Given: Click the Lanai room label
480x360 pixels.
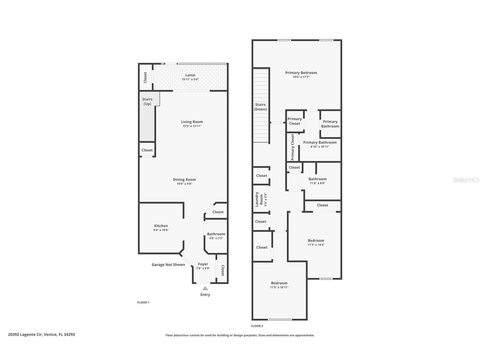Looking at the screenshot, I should click(190, 75).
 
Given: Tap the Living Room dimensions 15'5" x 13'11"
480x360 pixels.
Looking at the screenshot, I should click(192, 126).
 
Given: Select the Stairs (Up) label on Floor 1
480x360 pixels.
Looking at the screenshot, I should click(147, 101).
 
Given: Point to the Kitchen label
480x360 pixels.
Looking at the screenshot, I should click(161, 226).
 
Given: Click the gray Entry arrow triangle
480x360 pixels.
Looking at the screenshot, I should click(205, 288).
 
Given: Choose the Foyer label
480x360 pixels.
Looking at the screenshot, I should click(203, 264).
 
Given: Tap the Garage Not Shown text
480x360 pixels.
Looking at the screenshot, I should click(168, 265).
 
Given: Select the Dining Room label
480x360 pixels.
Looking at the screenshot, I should click(184, 179).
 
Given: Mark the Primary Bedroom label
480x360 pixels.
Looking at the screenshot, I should click(301, 73).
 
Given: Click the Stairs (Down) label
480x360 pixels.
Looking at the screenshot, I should click(260, 107).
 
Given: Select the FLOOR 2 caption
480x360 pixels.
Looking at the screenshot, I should click(257, 326).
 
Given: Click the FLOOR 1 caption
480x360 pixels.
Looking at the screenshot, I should click(143, 303).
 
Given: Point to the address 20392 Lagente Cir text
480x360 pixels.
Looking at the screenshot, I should click(41, 335).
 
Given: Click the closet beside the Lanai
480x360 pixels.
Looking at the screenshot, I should click(145, 77).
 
